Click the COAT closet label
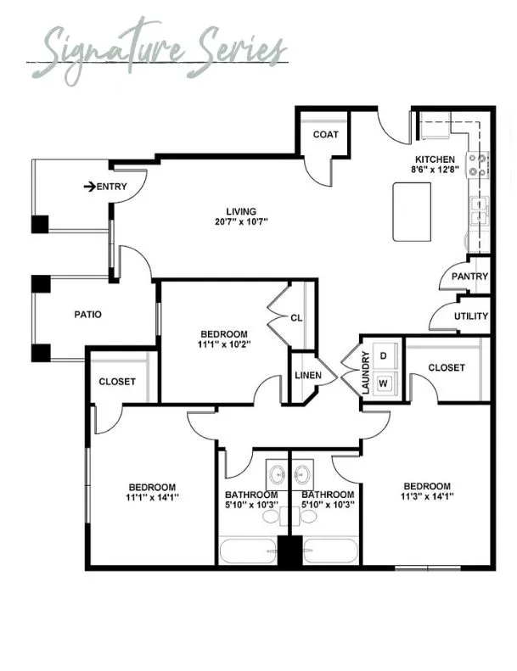click(325, 134)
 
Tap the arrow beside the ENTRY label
click(89, 187)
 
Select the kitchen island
click(412, 212)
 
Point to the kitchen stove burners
click(478, 165)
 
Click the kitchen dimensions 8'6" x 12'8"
click(435, 170)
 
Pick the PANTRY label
click(469, 277)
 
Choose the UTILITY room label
click(471, 316)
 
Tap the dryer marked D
click(385, 355)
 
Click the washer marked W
click(384, 383)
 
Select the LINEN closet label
click(308, 375)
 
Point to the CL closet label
click(296, 318)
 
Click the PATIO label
click(87, 315)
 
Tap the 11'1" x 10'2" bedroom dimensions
click(224, 344)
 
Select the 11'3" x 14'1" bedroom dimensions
click(427, 496)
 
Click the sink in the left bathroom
click(277, 474)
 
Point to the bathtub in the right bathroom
click(330, 551)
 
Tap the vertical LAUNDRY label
click(365, 372)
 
